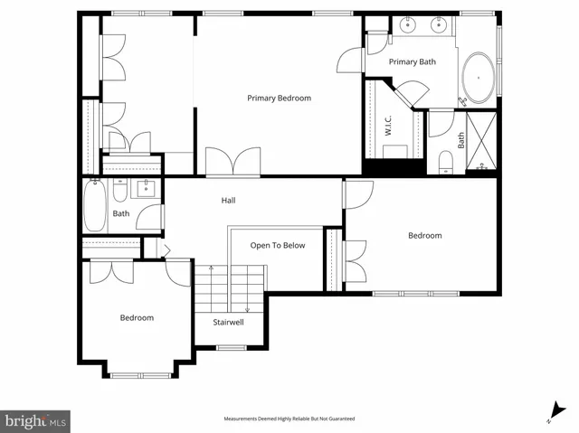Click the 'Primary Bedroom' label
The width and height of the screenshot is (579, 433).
[280, 98]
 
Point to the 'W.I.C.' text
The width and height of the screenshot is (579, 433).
[386, 126]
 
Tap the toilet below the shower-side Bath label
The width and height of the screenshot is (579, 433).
[445, 163]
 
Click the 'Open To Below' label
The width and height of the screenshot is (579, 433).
[278, 245]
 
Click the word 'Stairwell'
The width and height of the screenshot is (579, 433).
[227, 322]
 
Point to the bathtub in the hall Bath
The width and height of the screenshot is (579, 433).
[95, 207]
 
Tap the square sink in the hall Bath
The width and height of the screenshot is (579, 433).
[144, 190]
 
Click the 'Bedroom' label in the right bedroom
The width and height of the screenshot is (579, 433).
[424, 236]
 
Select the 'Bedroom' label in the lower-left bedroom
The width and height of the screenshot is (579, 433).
[137, 317]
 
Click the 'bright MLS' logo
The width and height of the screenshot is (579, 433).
[36, 420]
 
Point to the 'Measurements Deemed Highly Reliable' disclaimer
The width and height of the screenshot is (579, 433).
[289, 419]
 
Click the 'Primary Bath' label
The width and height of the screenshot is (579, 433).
[413, 61]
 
